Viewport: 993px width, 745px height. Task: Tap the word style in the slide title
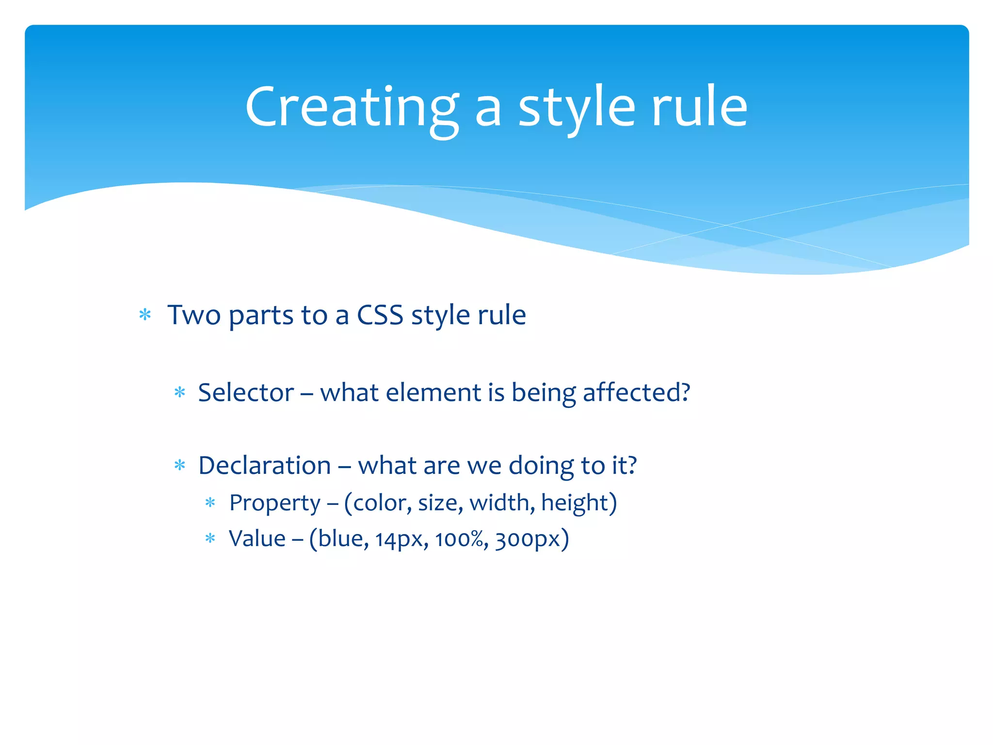point(577,108)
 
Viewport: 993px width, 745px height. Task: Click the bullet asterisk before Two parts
point(145,316)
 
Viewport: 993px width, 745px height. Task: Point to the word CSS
point(380,315)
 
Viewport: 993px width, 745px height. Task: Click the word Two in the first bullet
point(194,315)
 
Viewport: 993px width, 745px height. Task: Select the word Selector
point(246,392)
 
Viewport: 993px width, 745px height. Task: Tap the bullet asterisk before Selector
point(180,392)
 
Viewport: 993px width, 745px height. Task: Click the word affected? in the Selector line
point(636,392)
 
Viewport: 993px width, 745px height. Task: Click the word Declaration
point(265,466)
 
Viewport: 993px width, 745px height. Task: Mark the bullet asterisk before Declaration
point(180,466)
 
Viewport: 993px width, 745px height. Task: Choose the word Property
point(274,503)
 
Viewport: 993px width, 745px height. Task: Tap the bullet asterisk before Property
point(210,503)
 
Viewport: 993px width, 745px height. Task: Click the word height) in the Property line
point(579,503)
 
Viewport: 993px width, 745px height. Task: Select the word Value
point(257,539)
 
